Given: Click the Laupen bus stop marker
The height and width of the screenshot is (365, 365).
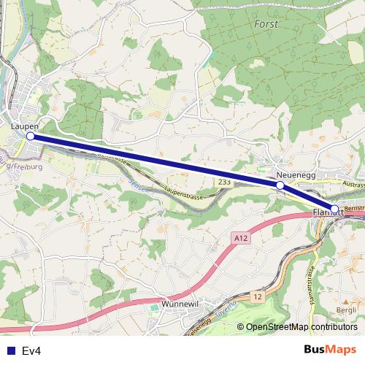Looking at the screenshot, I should tap(31, 136).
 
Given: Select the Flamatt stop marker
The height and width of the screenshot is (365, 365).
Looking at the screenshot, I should tap(334, 210).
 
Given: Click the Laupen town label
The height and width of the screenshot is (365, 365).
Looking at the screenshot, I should tap(25, 126).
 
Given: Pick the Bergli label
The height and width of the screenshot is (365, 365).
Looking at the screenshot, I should tap(345, 310).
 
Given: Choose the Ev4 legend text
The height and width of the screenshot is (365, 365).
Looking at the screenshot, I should tap(31, 351).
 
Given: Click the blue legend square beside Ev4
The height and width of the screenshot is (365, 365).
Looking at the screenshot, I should tap(11, 351).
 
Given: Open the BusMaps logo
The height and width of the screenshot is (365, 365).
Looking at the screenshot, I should tap(326, 350).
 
